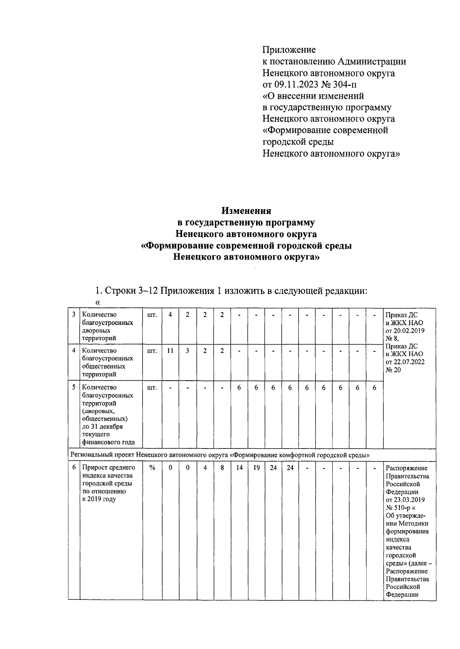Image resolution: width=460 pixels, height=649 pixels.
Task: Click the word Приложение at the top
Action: coord(289,50)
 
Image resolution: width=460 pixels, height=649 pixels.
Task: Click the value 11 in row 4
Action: coord(170,351)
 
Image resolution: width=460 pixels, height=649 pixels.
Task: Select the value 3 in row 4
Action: coord(187,351)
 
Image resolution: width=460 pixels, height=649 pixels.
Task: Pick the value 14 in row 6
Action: coord(239,468)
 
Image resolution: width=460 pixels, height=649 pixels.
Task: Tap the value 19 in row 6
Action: coord(256,468)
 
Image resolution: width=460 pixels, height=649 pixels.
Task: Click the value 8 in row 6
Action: coord(222,468)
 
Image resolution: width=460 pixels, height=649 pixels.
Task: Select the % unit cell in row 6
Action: coord(152,468)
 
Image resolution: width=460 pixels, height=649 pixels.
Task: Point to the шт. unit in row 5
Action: coord(152,388)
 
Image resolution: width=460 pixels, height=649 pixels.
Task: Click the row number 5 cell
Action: coord(74,388)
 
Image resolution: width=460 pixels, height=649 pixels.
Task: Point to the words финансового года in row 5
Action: coord(108,442)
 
